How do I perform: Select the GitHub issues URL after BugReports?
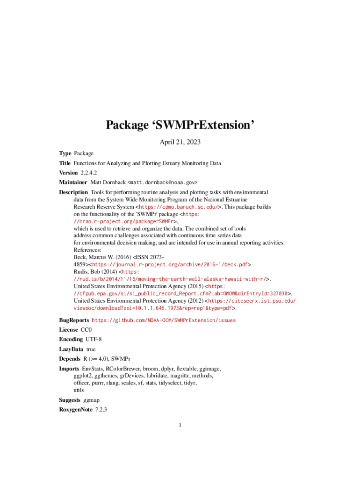tap(164, 320)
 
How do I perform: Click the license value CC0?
tap(86, 330)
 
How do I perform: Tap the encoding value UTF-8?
tap(94, 339)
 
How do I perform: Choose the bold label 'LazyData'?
tap(71, 349)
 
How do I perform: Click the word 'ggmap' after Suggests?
tap(91, 400)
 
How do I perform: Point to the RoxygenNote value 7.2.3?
tap(101, 410)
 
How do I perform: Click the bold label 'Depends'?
tap(69, 359)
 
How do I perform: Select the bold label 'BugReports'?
tap(73, 320)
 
